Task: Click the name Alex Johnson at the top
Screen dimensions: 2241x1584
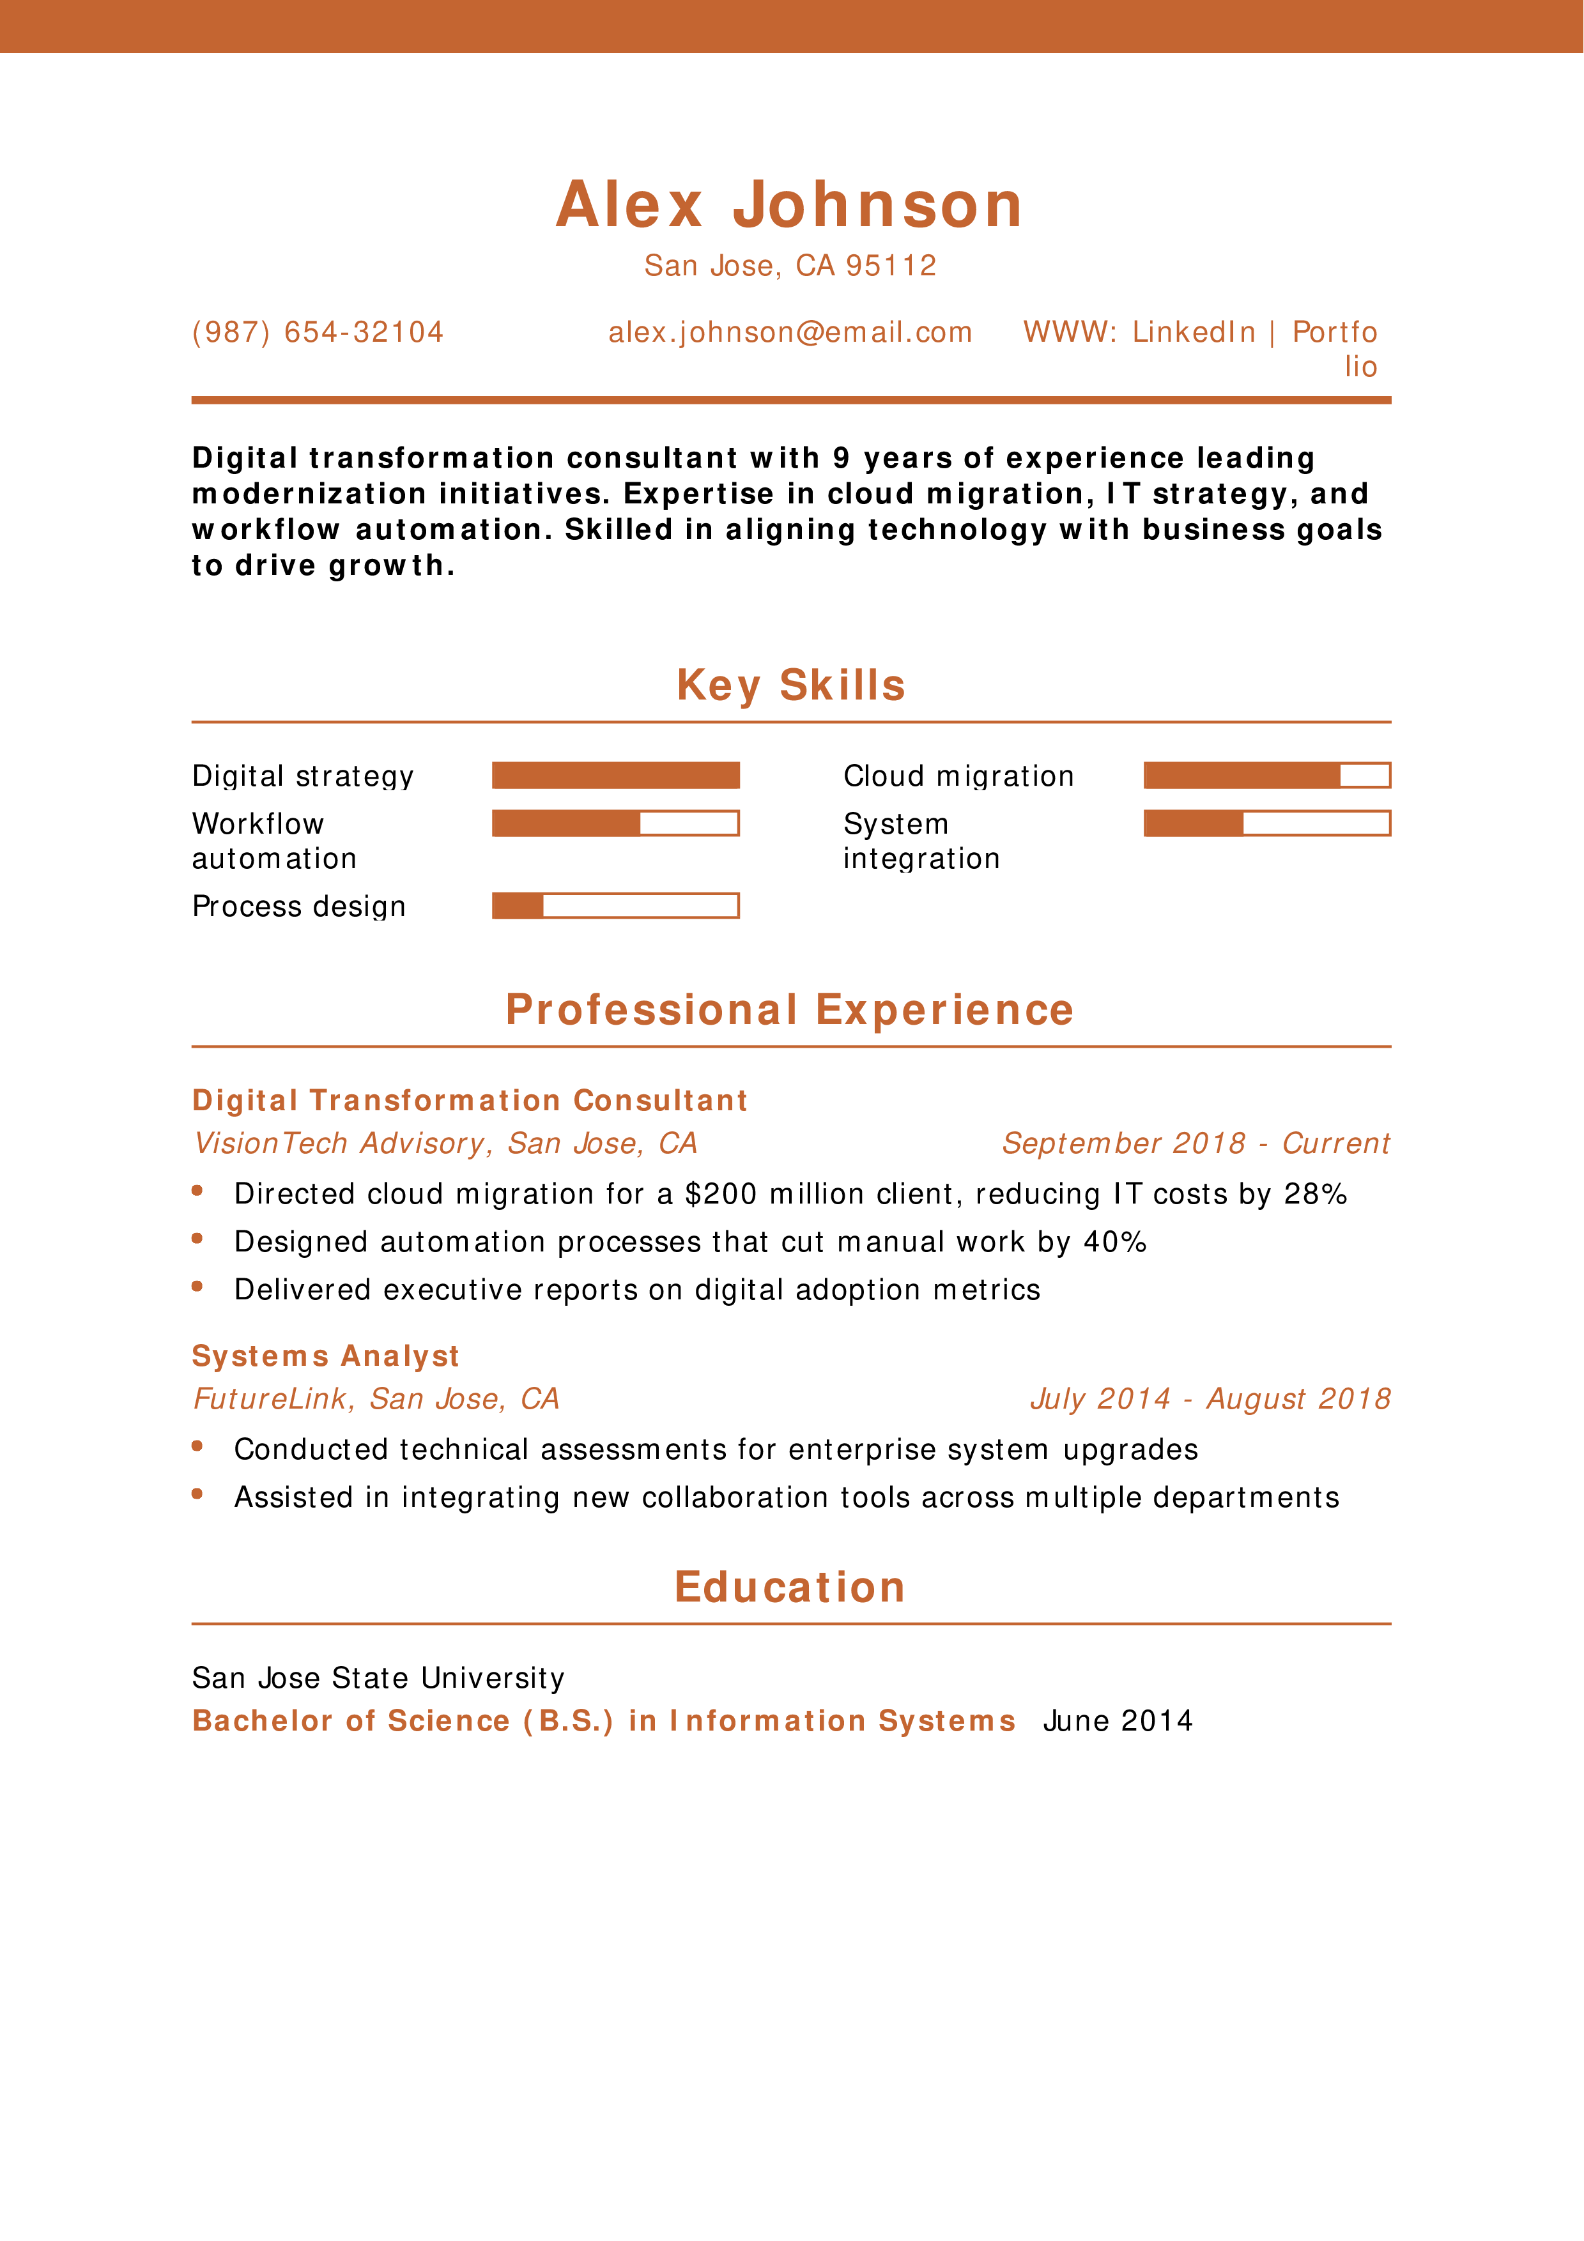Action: [790, 206]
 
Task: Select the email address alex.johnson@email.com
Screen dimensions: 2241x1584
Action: [790, 333]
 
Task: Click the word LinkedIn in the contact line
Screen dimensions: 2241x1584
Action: [1193, 333]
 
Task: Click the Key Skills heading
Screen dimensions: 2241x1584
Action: [790, 685]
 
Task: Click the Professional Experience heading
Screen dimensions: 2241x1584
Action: [790, 1010]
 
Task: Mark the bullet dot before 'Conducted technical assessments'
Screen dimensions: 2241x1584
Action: [197, 1446]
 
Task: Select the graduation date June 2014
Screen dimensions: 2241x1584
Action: [1118, 1721]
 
